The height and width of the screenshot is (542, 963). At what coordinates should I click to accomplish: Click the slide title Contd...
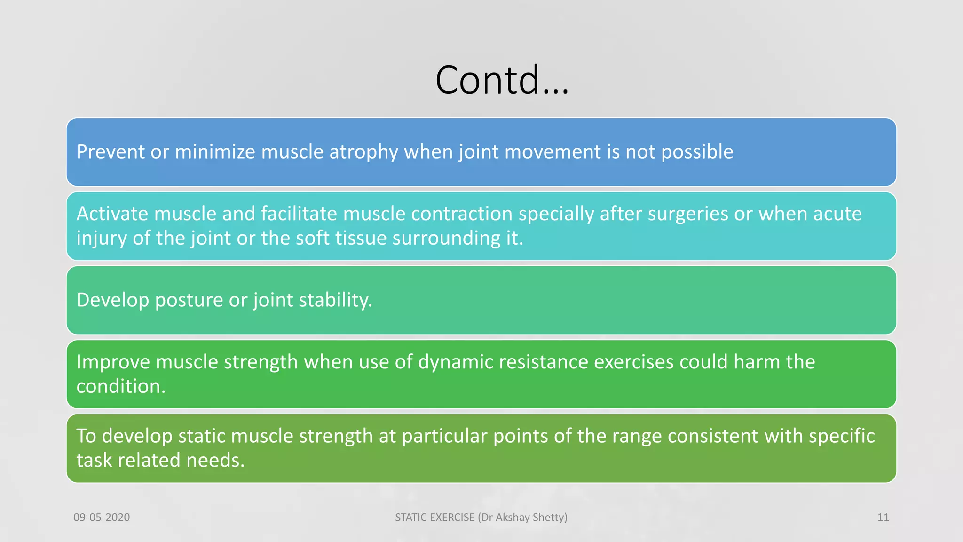point(502,80)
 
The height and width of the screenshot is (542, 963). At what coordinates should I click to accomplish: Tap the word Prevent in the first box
point(111,152)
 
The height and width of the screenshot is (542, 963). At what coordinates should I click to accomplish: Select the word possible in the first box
point(697,152)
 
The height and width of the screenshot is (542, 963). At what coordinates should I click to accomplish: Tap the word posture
point(189,300)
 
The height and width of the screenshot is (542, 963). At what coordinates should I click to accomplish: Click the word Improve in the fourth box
point(113,362)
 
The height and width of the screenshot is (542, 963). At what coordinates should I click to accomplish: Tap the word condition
point(121,386)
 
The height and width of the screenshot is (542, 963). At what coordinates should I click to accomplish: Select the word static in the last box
point(202,436)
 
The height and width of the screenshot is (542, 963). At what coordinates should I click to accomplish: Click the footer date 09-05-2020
point(102,518)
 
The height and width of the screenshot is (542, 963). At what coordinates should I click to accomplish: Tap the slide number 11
point(883,518)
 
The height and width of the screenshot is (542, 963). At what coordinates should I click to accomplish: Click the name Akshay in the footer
point(512,518)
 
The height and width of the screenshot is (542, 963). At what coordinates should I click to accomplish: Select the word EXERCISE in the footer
point(451,518)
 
